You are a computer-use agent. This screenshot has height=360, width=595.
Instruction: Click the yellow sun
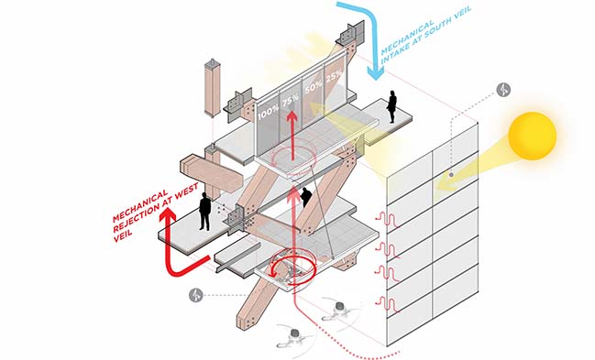coord(532,136)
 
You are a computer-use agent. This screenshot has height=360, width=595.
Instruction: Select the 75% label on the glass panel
coord(291,99)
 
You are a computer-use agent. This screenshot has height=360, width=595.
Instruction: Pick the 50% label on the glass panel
coord(313,87)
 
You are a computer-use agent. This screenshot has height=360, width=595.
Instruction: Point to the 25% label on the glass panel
coord(334,76)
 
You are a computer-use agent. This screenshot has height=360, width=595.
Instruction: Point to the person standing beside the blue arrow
coord(391,106)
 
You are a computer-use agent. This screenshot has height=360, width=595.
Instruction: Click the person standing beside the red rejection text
coord(205,212)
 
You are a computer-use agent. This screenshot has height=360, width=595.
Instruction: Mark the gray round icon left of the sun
coord(503,91)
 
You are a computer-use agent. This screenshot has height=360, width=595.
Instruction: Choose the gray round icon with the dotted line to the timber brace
coord(196,295)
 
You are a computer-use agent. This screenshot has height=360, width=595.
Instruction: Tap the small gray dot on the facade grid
coord(451,175)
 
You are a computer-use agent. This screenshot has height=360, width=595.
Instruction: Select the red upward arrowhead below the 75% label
coord(292,116)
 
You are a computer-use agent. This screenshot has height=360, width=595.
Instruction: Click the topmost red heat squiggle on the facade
coord(388,221)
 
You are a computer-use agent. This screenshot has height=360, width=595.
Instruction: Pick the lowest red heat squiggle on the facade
coord(388,305)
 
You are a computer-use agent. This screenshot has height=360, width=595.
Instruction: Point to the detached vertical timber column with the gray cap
coord(212,87)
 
